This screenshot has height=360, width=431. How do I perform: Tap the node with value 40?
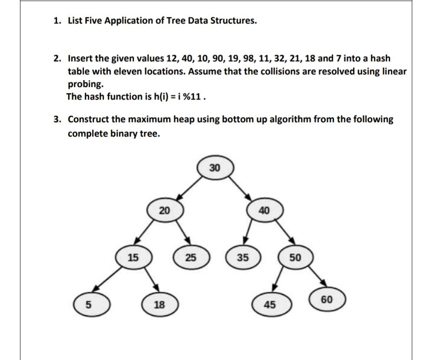point(264,211)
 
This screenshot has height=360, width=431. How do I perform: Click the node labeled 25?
point(190,257)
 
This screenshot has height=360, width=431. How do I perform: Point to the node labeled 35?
point(242,257)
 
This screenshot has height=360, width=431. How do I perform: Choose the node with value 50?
point(295,257)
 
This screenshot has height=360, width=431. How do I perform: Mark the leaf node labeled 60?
point(328,299)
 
